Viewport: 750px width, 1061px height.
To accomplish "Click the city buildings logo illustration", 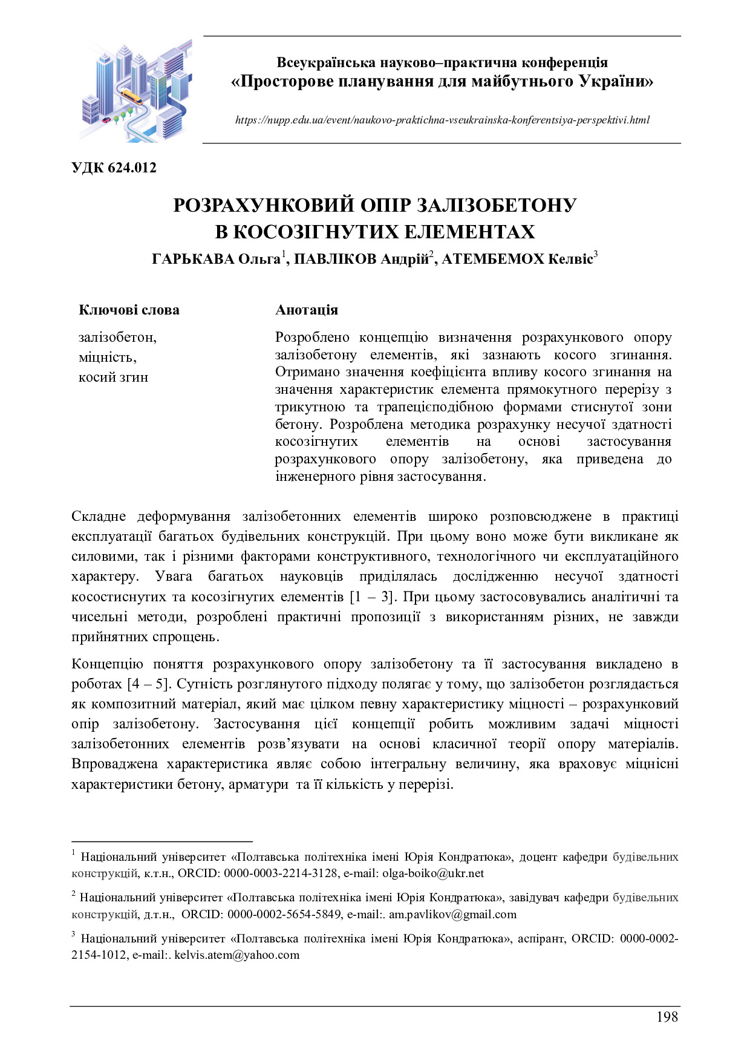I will point(136,91).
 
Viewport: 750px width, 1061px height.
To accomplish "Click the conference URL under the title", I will point(442,120).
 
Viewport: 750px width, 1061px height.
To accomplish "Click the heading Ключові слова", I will point(129,310).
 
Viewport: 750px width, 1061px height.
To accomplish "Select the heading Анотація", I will point(307,310).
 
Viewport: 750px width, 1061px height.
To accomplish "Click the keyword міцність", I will point(107,357).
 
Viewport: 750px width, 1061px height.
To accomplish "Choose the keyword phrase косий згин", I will point(113,377).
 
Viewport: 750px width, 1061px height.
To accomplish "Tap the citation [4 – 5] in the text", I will point(148,684).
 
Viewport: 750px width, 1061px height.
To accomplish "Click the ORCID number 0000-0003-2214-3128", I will point(281,873).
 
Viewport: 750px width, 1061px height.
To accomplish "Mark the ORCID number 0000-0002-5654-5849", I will point(284,915).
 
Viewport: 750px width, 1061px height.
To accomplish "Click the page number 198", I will point(667,1017).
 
